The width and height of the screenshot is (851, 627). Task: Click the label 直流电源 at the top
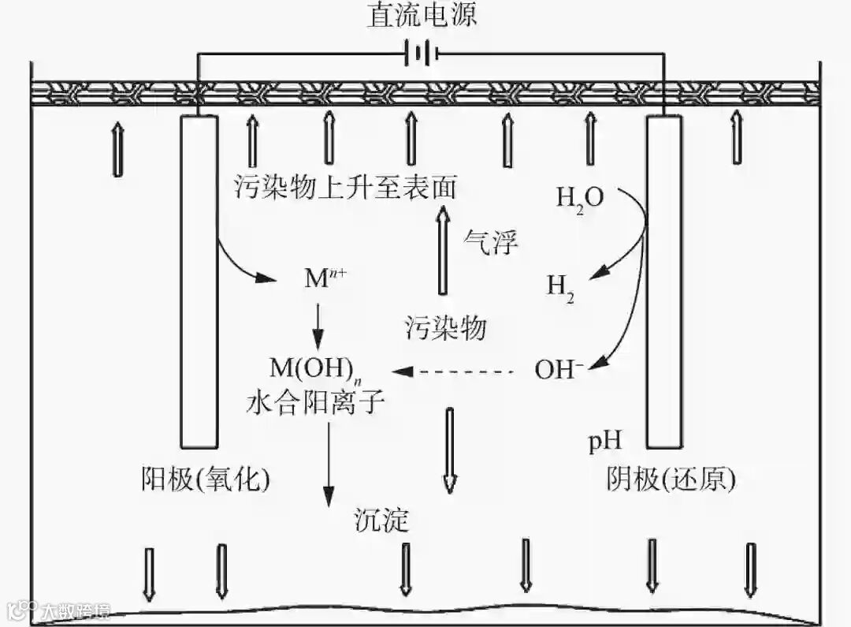[x=422, y=16]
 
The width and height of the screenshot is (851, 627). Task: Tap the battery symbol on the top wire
[x=420, y=54]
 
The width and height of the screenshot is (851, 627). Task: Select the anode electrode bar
[x=199, y=280]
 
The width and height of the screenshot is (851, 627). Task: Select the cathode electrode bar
[x=664, y=280]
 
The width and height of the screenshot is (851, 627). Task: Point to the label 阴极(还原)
[x=671, y=479]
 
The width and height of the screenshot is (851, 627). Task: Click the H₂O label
[x=580, y=197]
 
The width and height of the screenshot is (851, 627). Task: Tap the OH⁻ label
[x=559, y=369]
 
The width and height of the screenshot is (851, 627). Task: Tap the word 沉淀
[x=382, y=521]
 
